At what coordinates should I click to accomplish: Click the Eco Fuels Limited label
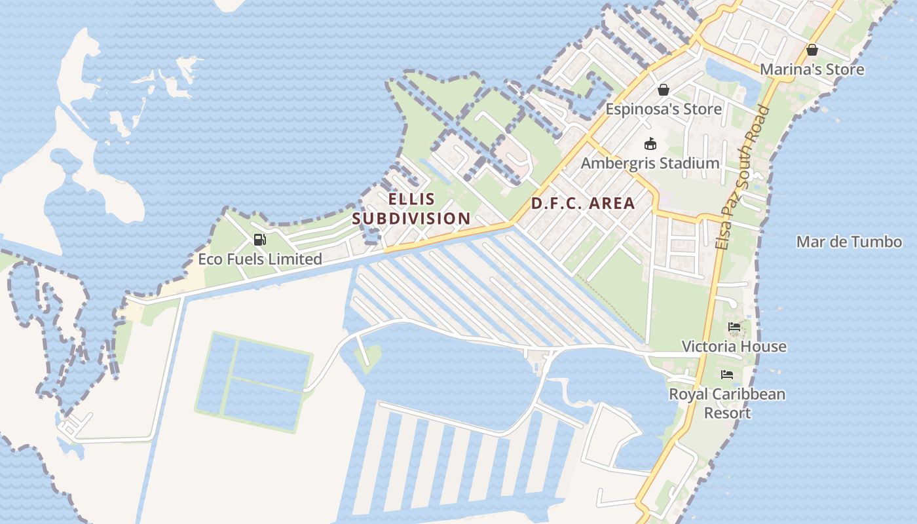260,259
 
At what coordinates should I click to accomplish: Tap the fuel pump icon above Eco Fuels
260,240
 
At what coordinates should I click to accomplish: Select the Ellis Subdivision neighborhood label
411,208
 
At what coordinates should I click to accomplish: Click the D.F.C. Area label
583,203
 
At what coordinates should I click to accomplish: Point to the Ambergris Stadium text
650,163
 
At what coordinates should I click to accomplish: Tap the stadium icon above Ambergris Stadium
650,143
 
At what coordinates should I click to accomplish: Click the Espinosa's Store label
663,109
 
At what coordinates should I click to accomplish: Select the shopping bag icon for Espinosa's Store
664,90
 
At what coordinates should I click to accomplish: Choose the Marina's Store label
812,69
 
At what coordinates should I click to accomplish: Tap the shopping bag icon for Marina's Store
812,50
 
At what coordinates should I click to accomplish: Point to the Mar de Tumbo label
849,242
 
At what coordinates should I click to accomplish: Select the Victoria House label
734,346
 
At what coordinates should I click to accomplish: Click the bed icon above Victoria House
734,327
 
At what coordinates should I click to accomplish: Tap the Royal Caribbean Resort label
727,403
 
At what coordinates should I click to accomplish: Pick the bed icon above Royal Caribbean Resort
727,375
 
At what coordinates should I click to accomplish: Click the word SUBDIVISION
411,218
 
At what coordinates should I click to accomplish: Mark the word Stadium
688,163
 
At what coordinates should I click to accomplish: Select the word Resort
727,413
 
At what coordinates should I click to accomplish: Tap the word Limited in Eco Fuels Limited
294,259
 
